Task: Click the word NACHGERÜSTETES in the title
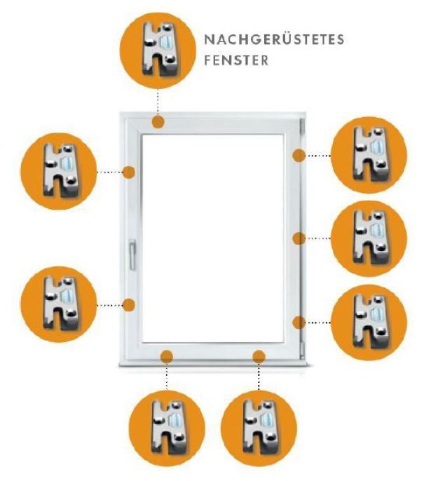pyautogui.click(x=274, y=39)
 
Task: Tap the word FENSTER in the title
pyautogui.click(x=236, y=60)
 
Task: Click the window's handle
pyautogui.click(x=132, y=255)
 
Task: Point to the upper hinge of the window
pyautogui.click(x=301, y=125)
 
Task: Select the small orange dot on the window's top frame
pyautogui.click(x=158, y=122)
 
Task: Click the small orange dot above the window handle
pyautogui.click(x=129, y=172)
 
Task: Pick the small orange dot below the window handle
pyautogui.click(x=129, y=305)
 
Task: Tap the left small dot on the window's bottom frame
pyautogui.click(x=167, y=356)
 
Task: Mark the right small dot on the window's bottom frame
pyautogui.click(x=259, y=356)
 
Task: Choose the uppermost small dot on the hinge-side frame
pyautogui.click(x=299, y=156)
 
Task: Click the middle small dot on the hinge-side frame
pyautogui.click(x=299, y=238)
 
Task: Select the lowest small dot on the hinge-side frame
pyautogui.click(x=299, y=323)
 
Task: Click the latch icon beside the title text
pyautogui.click(x=158, y=50)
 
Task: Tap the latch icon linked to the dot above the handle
pyautogui.click(x=59, y=171)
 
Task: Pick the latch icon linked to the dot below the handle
pyautogui.click(x=59, y=304)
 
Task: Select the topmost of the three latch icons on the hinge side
pyautogui.click(x=369, y=155)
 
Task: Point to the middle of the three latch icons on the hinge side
pyautogui.click(x=369, y=238)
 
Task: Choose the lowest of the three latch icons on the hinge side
pyautogui.click(x=369, y=323)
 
